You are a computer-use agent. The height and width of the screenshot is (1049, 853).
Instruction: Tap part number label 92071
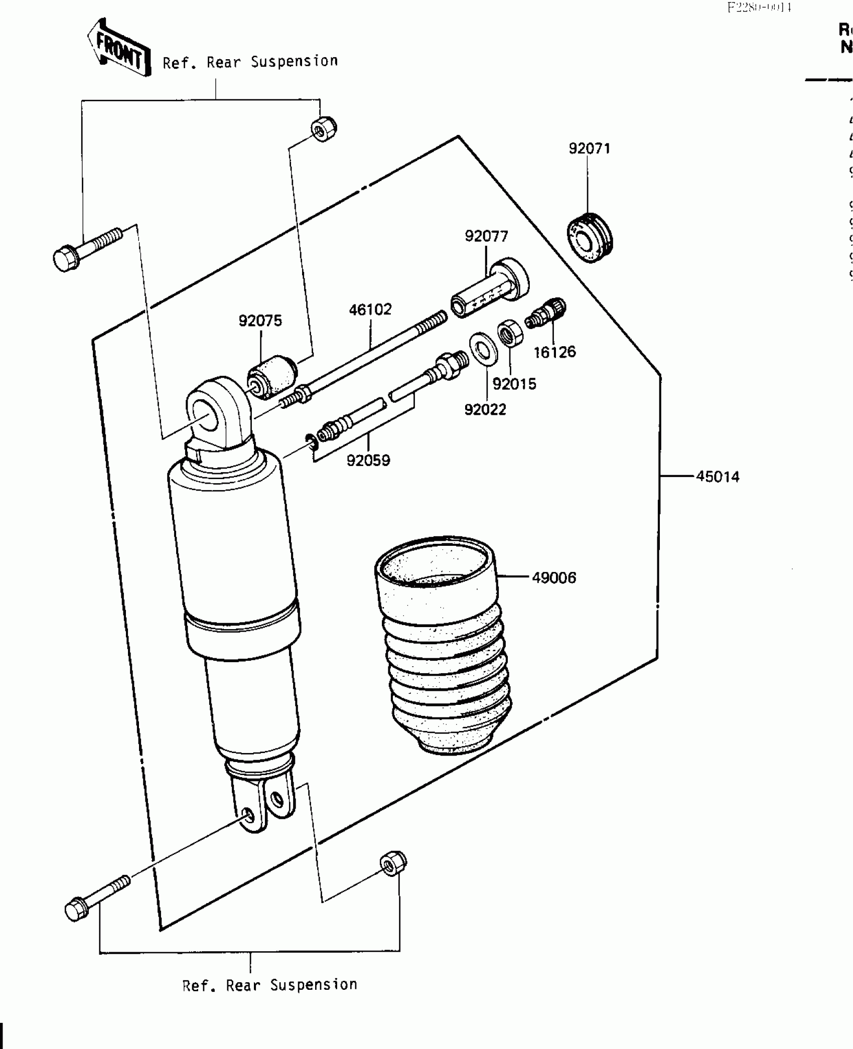pos(589,148)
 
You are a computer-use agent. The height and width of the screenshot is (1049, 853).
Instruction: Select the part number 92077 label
pos(486,236)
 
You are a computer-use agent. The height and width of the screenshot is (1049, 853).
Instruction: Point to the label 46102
pos(370,310)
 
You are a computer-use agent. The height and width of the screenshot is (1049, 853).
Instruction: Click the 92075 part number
pos(260,321)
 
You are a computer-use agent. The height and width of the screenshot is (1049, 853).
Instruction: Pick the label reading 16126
pos(554,352)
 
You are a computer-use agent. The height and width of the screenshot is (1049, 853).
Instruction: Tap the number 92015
pos(514,384)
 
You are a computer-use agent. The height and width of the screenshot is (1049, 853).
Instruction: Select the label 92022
pos(485,410)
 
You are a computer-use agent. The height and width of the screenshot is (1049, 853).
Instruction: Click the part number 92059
pos(368,460)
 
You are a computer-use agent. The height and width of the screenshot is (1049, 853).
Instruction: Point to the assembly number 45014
pos(718,477)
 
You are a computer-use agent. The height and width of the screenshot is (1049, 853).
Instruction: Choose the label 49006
pos(553,578)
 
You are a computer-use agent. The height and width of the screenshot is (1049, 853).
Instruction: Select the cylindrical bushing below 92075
pos(272,376)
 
